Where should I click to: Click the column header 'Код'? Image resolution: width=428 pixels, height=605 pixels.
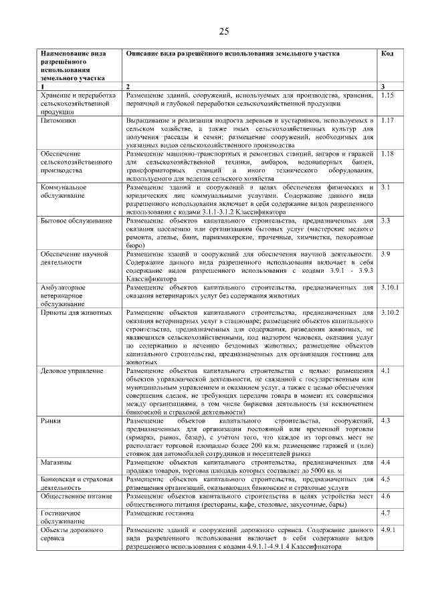(x=387, y=53)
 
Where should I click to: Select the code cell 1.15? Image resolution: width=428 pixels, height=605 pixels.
(x=386, y=96)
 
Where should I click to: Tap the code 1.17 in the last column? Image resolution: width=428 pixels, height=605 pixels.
(x=386, y=121)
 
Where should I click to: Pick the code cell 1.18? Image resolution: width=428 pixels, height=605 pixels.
(x=386, y=154)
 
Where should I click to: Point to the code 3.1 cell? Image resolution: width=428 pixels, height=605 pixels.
(x=385, y=187)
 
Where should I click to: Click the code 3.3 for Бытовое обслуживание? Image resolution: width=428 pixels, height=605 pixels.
(x=385, y=220)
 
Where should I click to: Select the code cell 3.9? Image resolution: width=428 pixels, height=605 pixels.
(x=385, y=254)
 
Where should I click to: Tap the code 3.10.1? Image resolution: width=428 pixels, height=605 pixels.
(x=389, y=287)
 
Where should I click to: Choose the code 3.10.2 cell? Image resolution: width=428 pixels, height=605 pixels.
(x=389, y=313)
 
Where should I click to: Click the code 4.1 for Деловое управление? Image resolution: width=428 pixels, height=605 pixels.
(x=385, y=370)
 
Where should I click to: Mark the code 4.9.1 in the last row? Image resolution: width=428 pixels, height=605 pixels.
(x=388, y=529)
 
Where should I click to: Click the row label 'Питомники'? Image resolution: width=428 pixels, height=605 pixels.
(x=58, y=121)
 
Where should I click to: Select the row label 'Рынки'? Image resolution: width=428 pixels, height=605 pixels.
(x=51, y=420)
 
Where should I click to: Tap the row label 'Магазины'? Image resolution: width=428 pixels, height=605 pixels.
(x=57, y=462)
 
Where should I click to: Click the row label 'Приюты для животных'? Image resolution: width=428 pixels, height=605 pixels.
(x=72, y=313)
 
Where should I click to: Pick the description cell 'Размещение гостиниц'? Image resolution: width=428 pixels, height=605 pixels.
(x=160, y=513)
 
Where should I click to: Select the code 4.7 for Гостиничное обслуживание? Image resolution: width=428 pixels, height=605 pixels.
(x=385, y=513)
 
